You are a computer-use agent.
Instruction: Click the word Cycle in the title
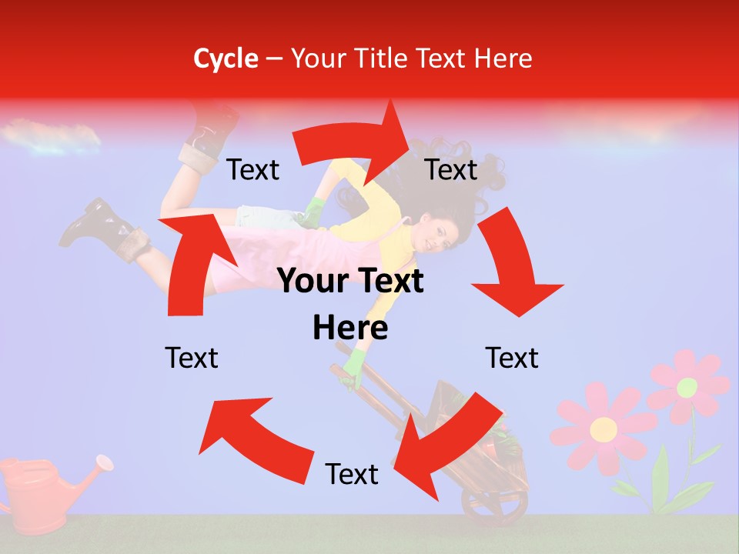(x=226, y=58)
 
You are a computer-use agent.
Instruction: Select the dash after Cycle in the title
(x=273, y=59)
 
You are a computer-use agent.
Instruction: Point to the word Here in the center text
(x=349, y=329)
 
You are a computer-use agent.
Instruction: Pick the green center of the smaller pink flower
(x=687, y=387)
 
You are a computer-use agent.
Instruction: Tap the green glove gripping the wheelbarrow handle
(x=353, y=368)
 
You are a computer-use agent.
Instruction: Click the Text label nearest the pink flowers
(x=512, y=359)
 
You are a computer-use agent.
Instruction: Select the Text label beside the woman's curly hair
(x=451, y=170)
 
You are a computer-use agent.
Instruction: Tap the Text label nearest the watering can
(x=192, y=359)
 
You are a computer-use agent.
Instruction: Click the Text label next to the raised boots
(x=252, y=170)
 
